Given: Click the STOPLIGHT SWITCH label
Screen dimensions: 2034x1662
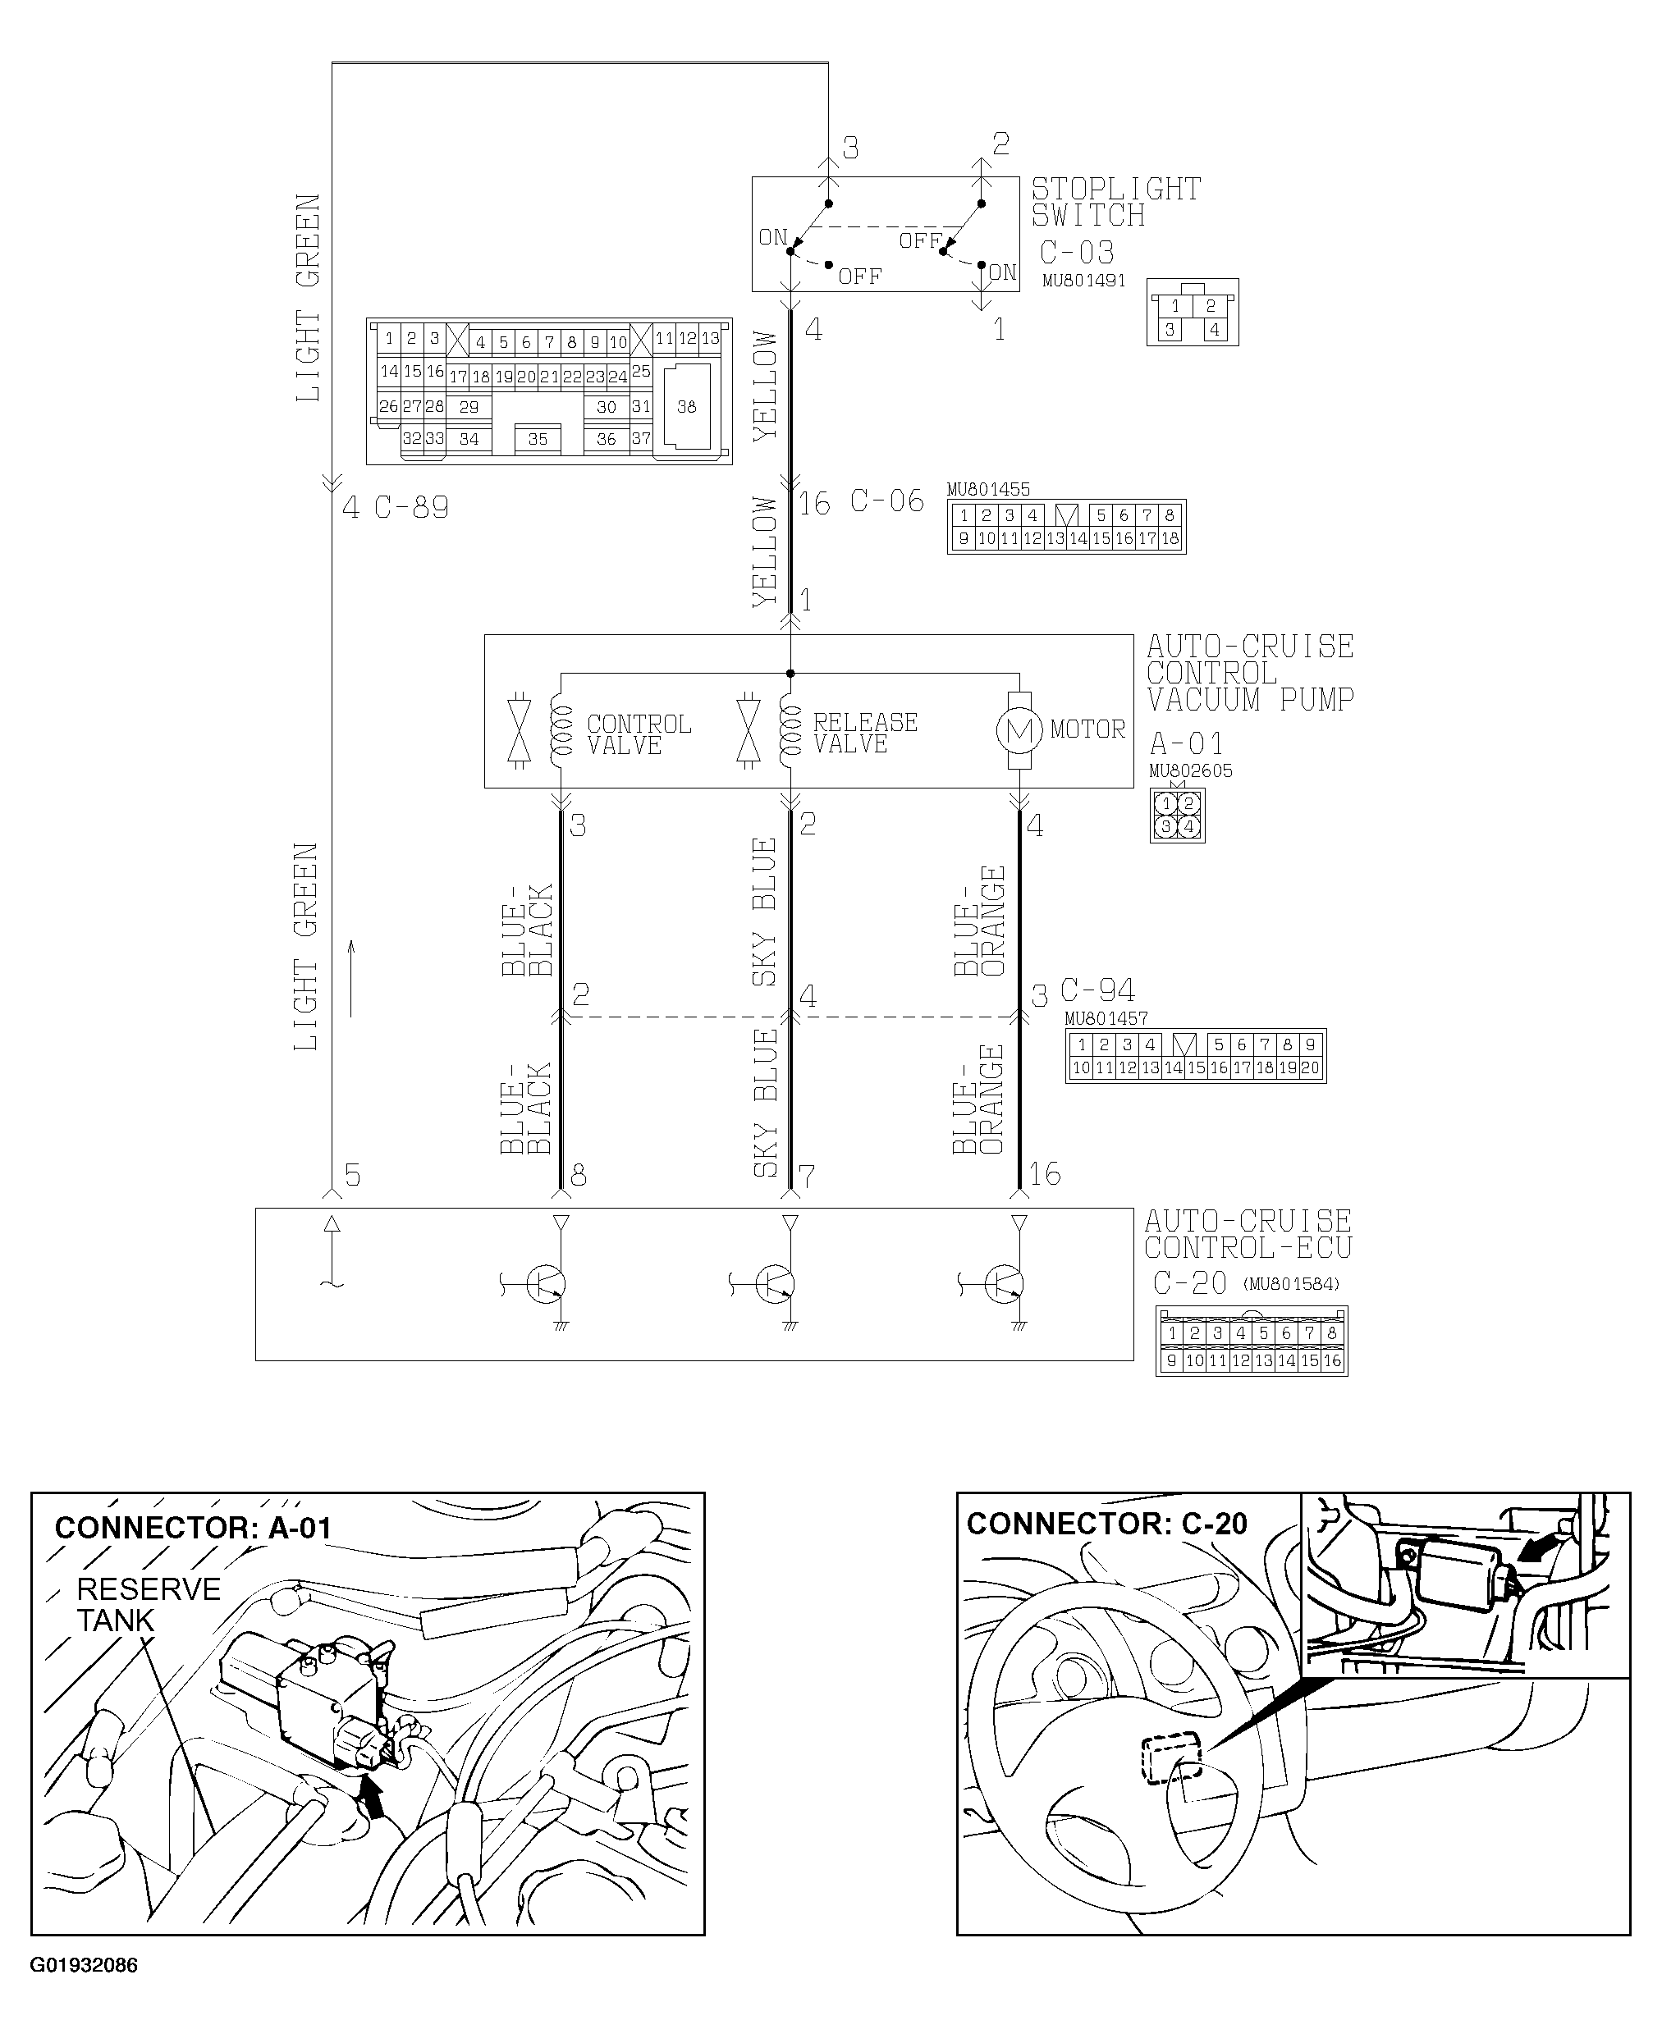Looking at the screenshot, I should (x=1115, y=202).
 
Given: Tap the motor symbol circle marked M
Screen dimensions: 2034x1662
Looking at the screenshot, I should (x=1019, y=731).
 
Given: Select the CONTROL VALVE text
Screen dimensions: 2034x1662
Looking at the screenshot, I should (x=638, y=734).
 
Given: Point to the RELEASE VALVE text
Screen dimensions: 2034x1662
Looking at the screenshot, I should (x=864, y=734).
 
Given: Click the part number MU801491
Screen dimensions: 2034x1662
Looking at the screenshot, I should (x=1083, y=281).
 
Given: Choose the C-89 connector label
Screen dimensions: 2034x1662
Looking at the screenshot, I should (x=410, y=507).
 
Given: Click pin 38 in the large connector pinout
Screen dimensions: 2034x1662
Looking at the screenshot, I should (x=686, y=407).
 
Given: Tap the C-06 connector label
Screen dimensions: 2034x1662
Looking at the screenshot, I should (x=886, y=501).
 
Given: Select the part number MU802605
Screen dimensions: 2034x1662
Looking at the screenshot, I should (x=1190, y=770).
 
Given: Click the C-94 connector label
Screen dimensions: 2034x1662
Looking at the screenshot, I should (x=1097, y=990).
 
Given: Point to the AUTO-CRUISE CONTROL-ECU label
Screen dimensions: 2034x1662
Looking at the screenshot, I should (x=1248, y=1235).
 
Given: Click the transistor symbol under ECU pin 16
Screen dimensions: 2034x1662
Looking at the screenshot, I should (x=1003, y=1285).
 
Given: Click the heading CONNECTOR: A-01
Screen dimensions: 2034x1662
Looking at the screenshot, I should (x=192, y=1528).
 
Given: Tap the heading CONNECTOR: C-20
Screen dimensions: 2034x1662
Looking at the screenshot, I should (x=1106, y=1524).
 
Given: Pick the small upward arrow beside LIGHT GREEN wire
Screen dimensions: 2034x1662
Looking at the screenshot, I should (x=351, y=977).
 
